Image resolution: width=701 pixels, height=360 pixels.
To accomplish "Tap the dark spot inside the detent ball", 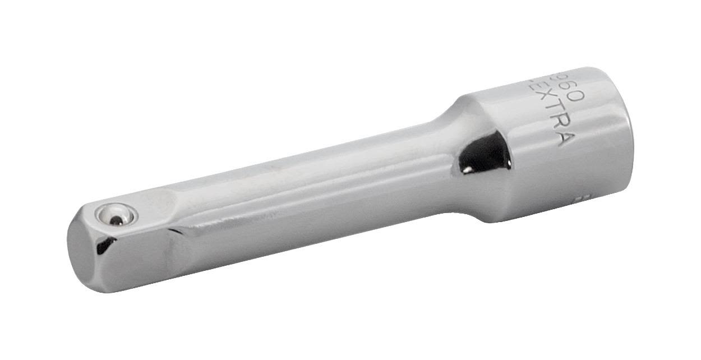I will point(116,220).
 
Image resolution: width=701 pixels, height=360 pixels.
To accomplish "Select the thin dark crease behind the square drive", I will point(182,234).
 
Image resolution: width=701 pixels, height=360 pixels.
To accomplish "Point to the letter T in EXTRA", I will point(546,112).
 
